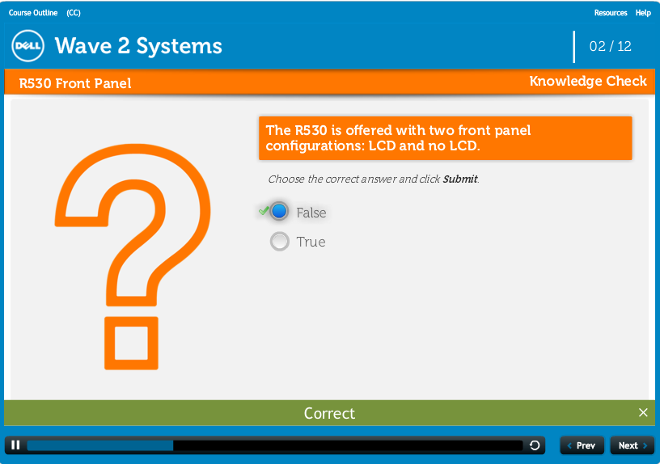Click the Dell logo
[x=27, y=46]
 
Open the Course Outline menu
[x=33, y=13]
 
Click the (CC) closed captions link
[x=74, y=13]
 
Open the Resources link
[x=611, y=13]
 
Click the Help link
[x=643, y=13]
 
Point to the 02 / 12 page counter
[x=611, y=46]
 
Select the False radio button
[x=279, y=211]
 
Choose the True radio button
[x=280, y=242]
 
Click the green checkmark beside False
[x=264, y=210]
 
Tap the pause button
[x=15, y=445]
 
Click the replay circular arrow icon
[x=535, y=445]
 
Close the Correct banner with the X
[x=643, y=412]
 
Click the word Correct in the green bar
[x=329, y=413]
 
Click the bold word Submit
[x=460, y=179]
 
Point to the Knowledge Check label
[x=588, y=81]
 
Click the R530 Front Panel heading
[x=75, y=83]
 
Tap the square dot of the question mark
[x=131, y=344]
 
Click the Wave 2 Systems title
[x=138, y=46]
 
